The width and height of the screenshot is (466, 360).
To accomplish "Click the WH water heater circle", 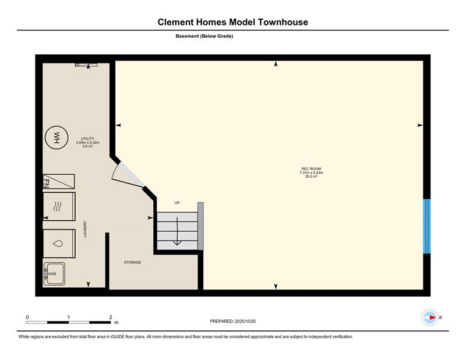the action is pos(57,137).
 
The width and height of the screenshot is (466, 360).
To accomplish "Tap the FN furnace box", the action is pos(59,181).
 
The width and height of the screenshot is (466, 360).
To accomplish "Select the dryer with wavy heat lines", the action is pos(59,207).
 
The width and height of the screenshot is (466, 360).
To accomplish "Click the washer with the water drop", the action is pos(59,243).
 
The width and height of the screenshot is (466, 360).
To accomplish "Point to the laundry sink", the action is pos(54,274).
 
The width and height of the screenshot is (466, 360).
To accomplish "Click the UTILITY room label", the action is pos(87,139).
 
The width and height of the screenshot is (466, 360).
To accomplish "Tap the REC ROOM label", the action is pos(311,169).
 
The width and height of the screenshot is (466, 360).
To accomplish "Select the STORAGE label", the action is pos(133,262).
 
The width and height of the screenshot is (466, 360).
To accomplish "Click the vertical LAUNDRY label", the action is pos(85,228).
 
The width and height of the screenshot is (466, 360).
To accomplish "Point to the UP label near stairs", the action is pos(177,203).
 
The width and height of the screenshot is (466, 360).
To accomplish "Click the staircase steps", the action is pos(178,231).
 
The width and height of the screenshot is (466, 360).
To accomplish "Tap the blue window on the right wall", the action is pos(427,226).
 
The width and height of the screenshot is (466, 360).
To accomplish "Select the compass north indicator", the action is pos(430,317).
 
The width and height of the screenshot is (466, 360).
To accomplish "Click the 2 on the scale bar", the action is pos(111,317).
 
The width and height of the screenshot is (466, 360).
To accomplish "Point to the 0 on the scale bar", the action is pos(27,317).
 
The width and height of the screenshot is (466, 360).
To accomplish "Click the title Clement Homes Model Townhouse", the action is pos(232,22).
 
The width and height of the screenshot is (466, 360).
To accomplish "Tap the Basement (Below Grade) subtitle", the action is pos(204,36).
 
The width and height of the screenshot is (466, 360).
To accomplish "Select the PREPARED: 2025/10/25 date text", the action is pos(232,321).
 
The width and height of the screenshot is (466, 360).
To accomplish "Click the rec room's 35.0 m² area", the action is pos(311,177).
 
